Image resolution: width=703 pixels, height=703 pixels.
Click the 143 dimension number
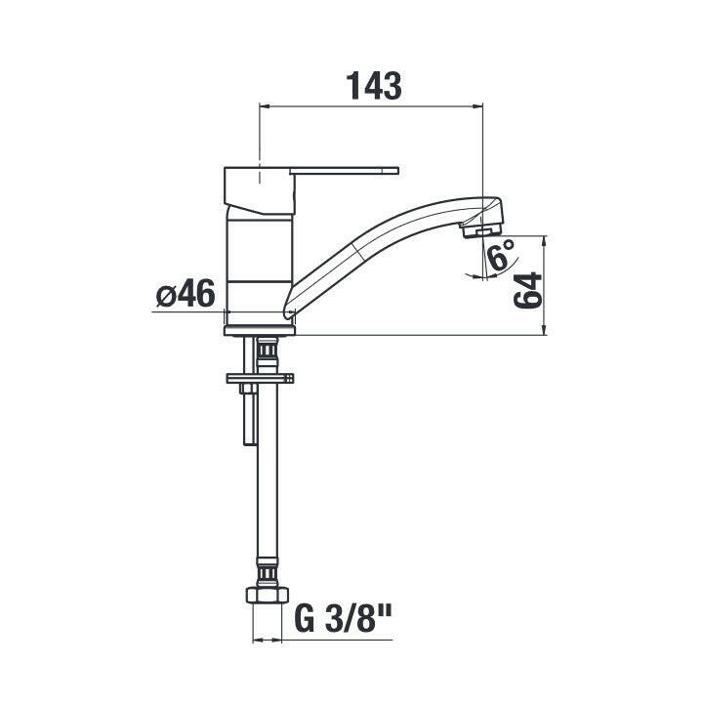374,86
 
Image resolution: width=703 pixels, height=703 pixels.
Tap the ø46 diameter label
186,294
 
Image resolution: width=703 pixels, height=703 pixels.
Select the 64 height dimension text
527,290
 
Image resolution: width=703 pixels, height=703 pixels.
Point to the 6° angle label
500,254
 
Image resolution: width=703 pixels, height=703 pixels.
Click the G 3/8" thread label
343,618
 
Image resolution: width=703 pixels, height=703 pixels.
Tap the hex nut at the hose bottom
268,595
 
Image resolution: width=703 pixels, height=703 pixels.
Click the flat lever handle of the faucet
344,170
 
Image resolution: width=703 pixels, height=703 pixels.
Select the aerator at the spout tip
480,231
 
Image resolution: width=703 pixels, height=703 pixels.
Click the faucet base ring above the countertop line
260,330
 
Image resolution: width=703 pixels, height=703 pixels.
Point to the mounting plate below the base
261,378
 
